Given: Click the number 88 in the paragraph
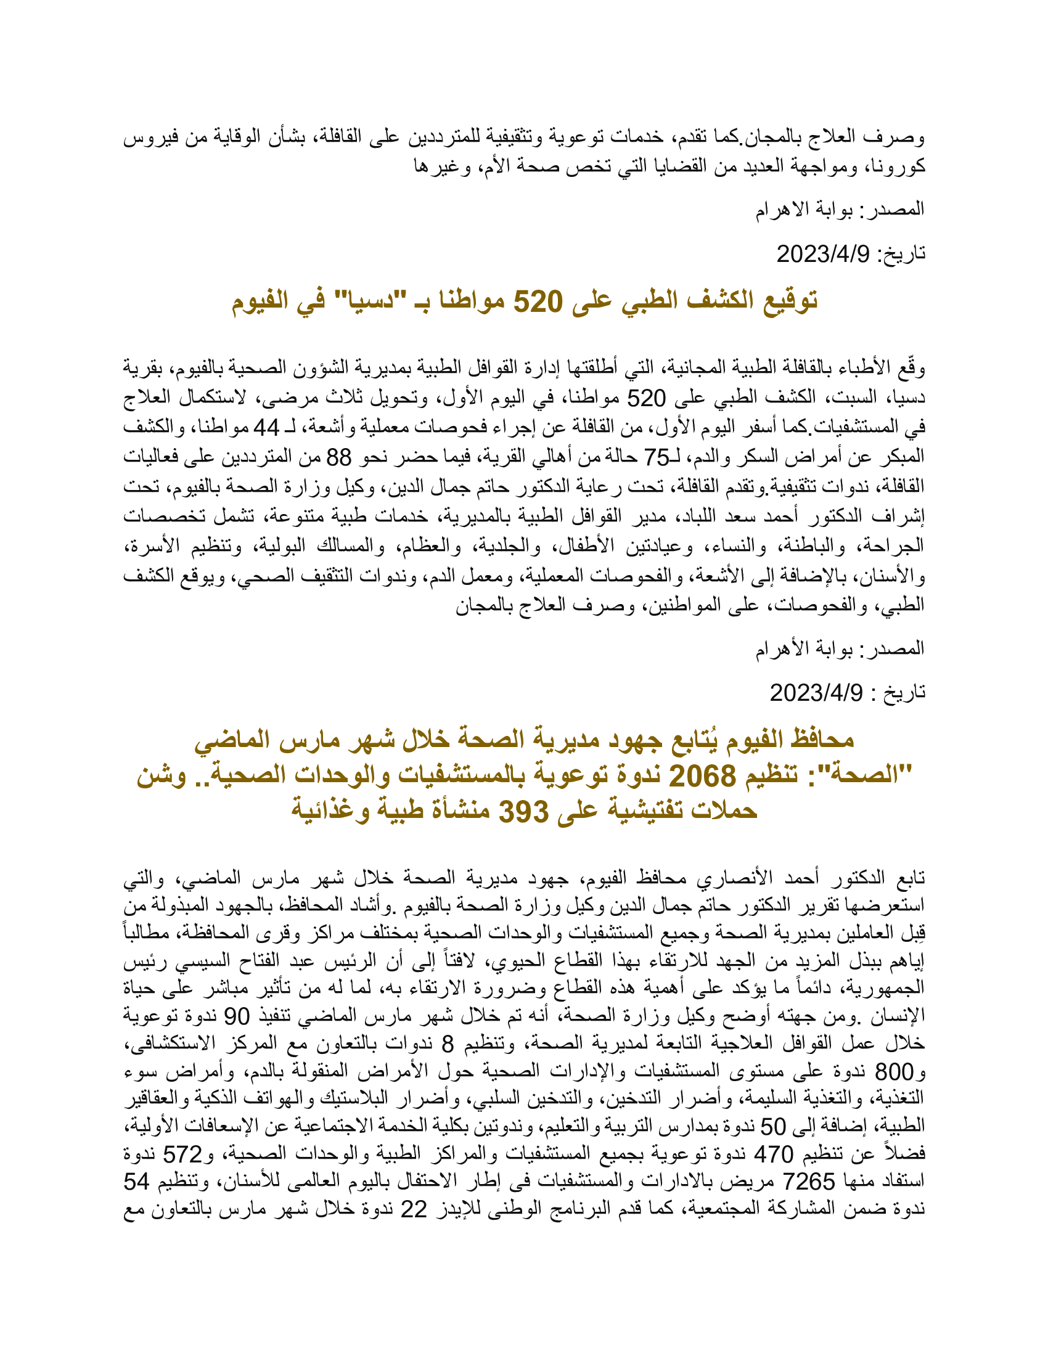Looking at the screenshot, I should [339, 457].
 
